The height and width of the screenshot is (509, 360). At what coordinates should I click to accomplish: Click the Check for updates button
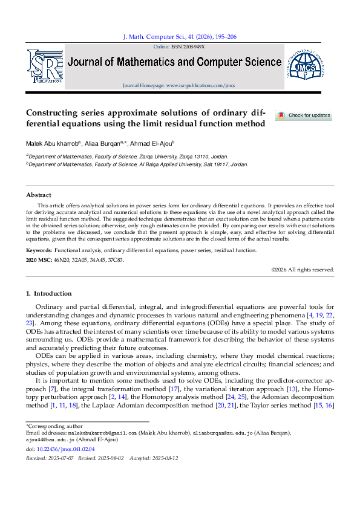(304, 115)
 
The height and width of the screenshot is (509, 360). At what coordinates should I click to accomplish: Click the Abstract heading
(39, 195)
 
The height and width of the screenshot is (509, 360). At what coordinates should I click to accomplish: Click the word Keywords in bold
(38, 250)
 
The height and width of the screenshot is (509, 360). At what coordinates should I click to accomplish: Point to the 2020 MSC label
(39, 260)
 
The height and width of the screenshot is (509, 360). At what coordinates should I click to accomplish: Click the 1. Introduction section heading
(48, 294)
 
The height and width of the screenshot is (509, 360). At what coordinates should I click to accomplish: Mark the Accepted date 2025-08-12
(164, 459)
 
